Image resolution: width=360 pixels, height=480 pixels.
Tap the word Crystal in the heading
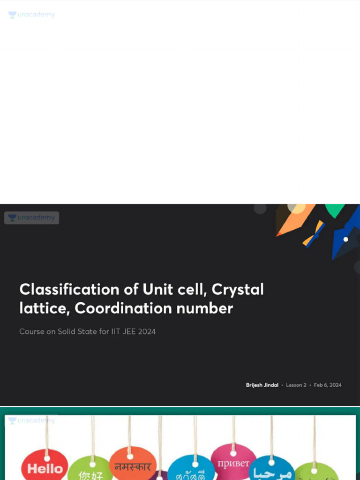(238, 290)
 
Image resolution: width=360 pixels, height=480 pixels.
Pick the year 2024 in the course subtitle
(147, 331)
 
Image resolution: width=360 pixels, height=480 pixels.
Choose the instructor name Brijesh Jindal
(262, 385)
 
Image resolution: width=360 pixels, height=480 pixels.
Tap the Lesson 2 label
(296, 385)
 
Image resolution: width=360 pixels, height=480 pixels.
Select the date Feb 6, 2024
(328, 385)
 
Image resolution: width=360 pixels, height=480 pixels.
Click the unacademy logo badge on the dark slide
(31, 217)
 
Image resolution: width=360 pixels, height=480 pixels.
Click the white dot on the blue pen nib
(345, 239)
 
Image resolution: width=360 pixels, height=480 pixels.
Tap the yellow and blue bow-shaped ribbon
(314, 233)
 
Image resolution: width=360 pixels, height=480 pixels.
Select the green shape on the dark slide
(335, 210)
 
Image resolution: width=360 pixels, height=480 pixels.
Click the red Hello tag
(45, 467)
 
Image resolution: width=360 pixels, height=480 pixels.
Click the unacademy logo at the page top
(31, 15)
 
